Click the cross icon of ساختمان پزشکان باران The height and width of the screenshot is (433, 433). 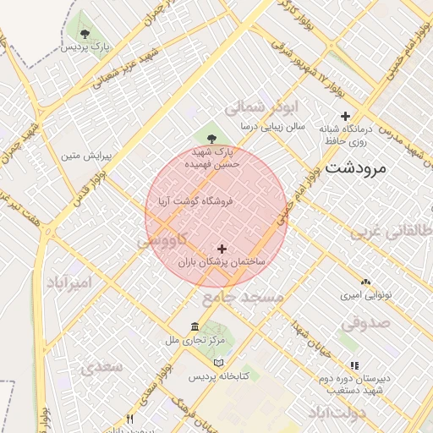tap(222, 249)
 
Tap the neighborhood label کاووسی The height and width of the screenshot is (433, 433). tap(157, 242)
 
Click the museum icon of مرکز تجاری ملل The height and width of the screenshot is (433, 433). tap(195, 327)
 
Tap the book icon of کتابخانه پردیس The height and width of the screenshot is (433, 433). tap(219, 362)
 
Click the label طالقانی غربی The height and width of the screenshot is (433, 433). tap(401, 230)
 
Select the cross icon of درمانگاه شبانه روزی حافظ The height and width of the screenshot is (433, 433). tap(345, 116)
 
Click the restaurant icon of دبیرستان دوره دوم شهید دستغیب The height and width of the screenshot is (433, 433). tap(354, 365)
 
